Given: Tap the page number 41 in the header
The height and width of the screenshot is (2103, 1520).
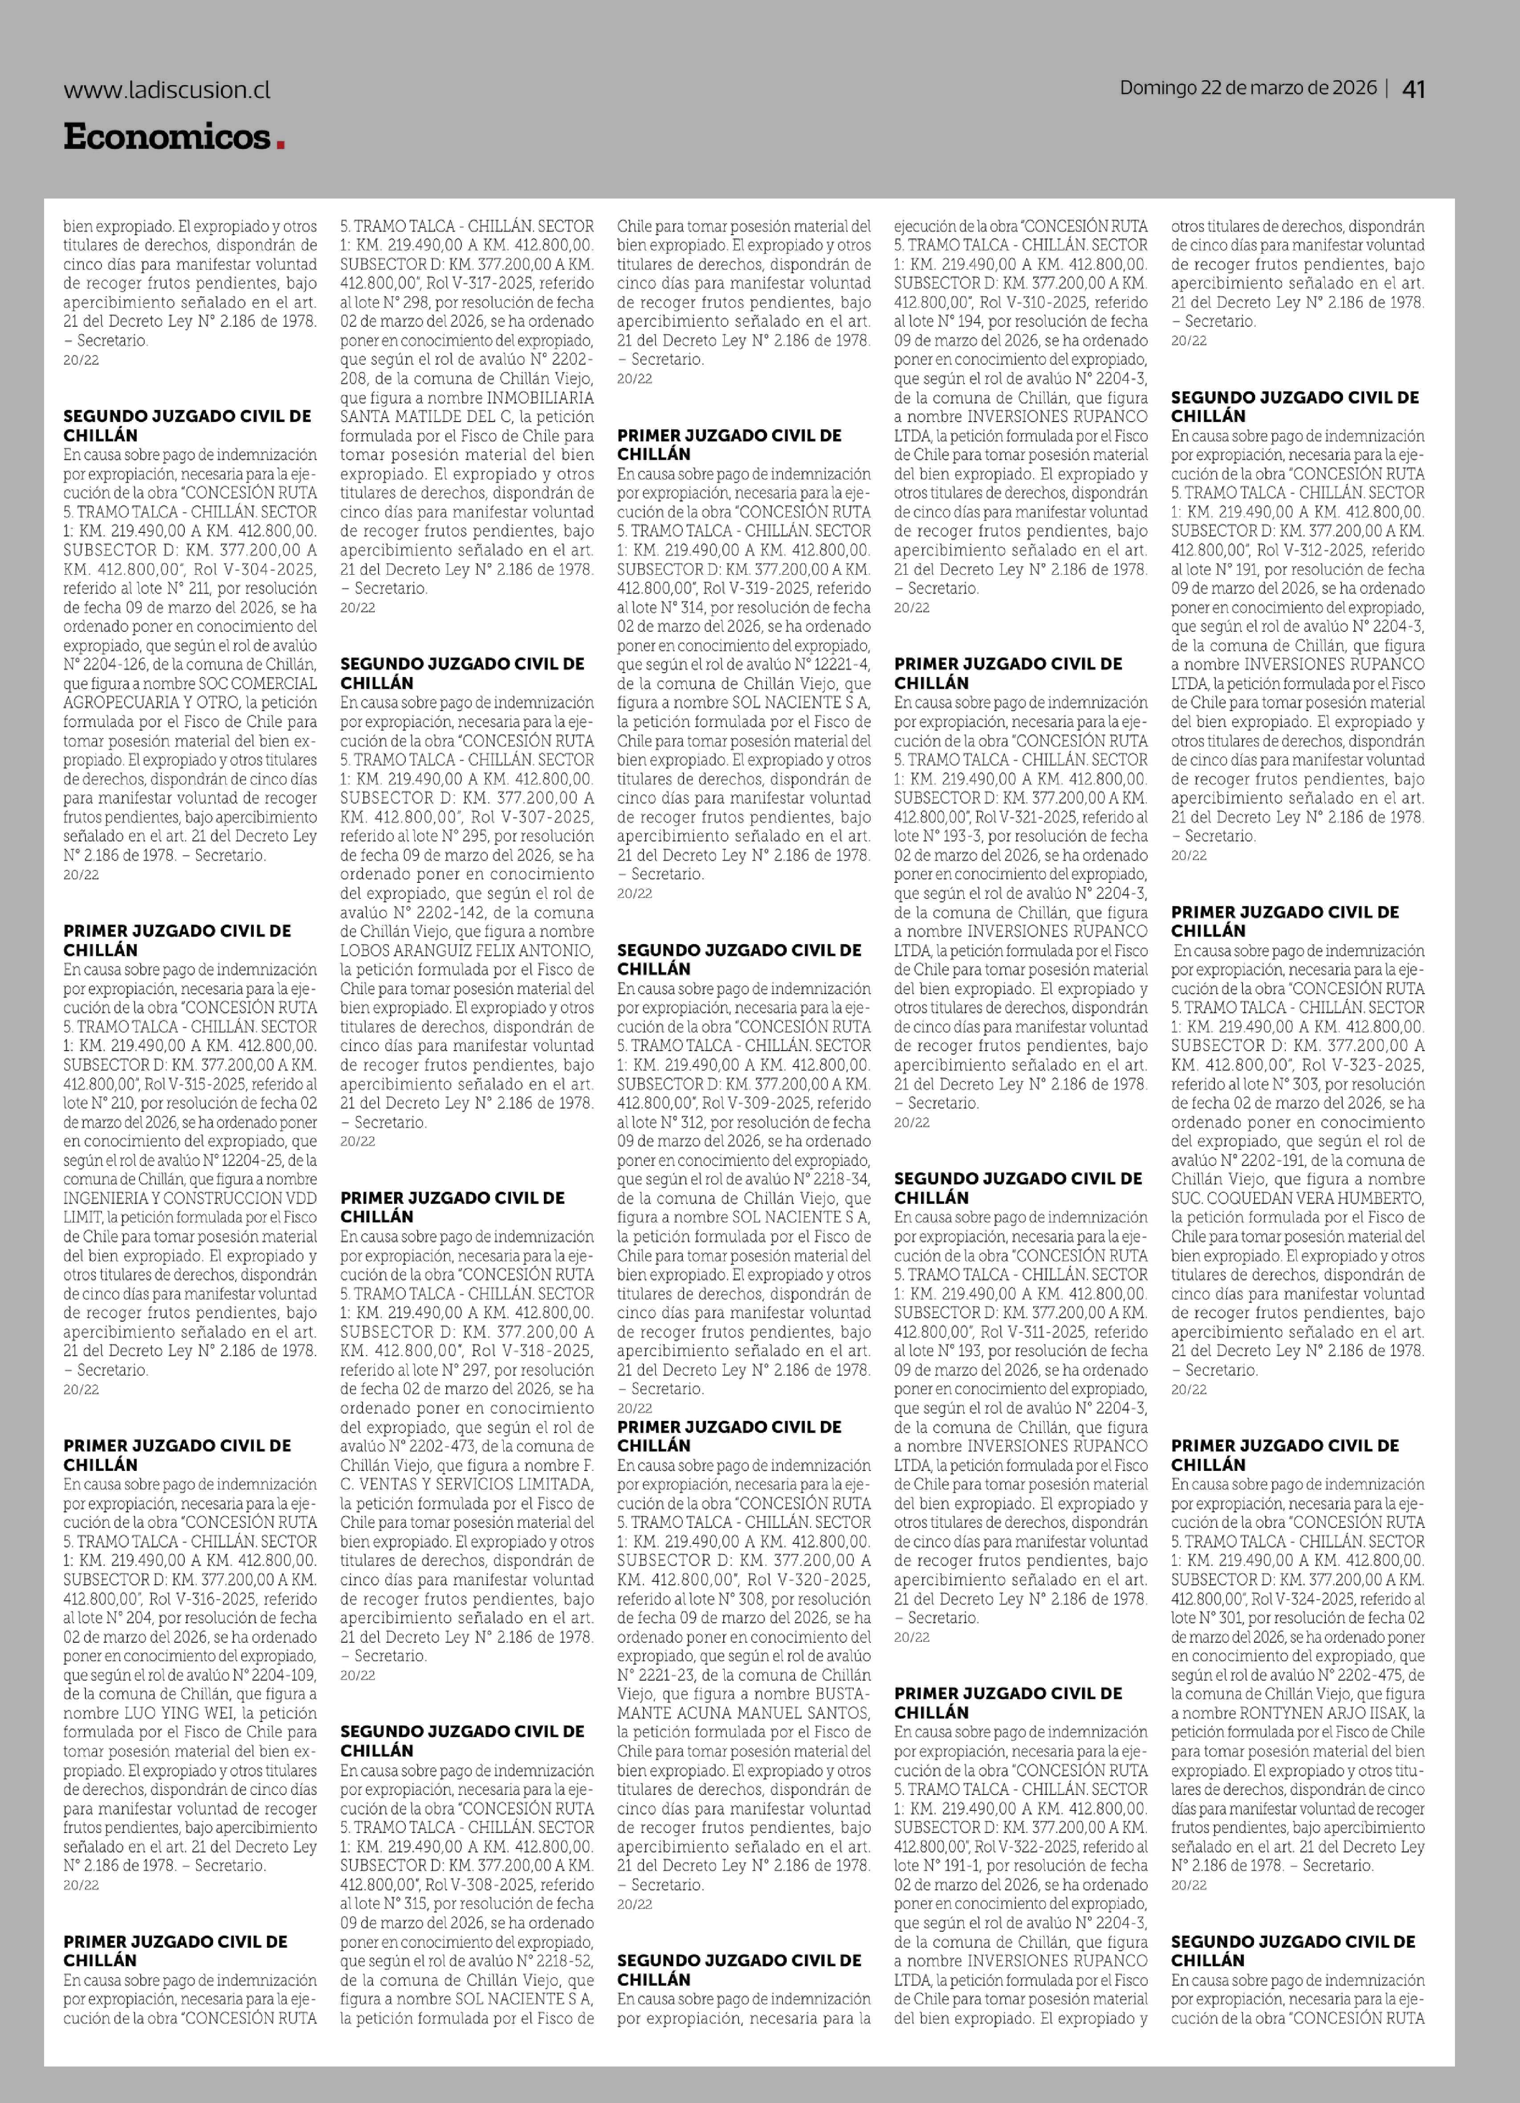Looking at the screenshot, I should (x=1414, y=89).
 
